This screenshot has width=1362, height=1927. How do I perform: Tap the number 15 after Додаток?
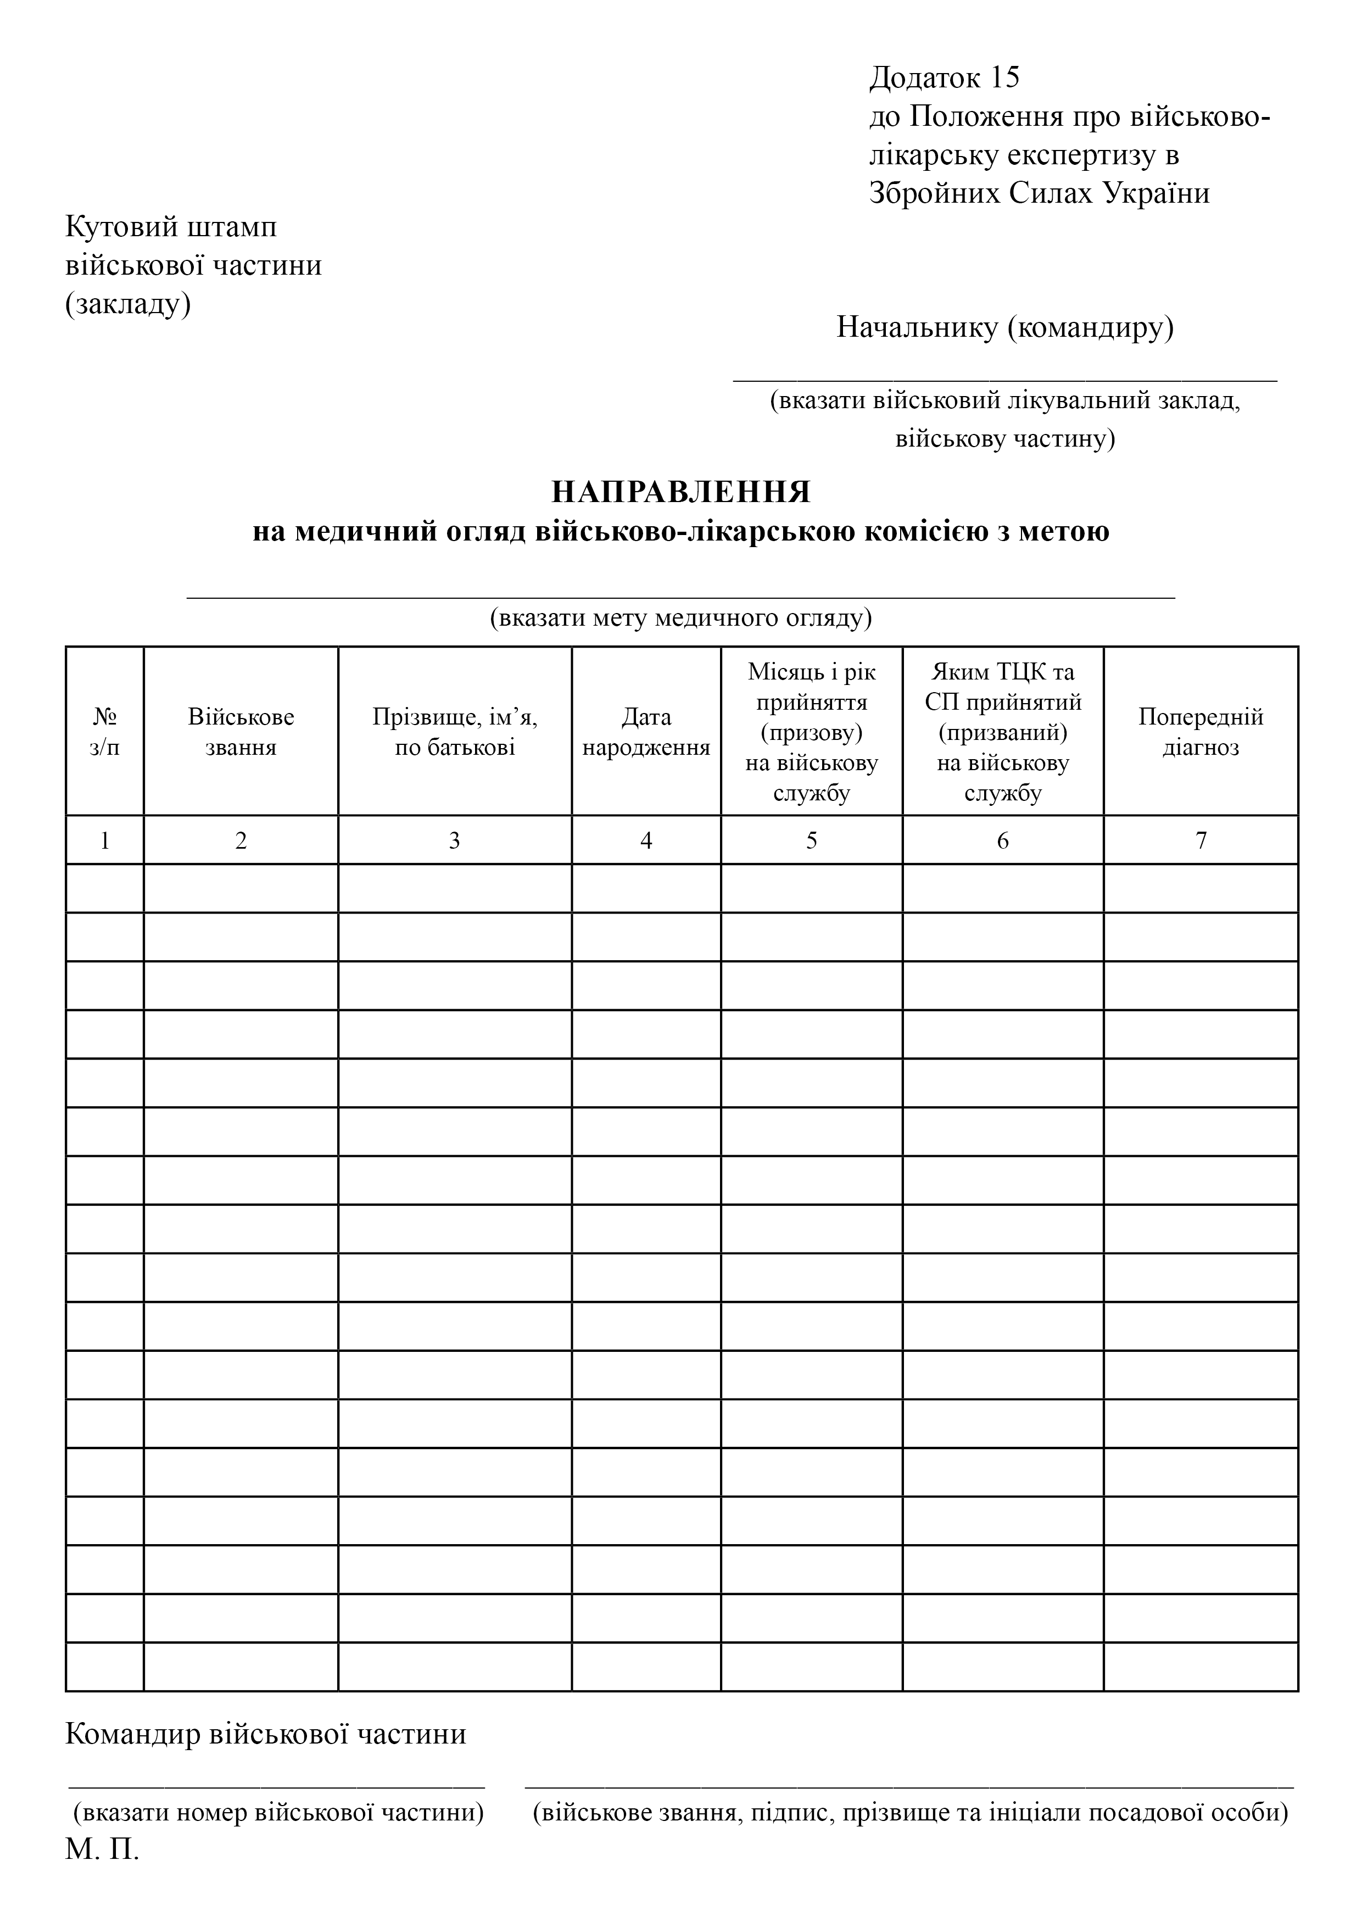[x=1004, y=77]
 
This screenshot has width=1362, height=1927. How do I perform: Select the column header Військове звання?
[x=241, y=732]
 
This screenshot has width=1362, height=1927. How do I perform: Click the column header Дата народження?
[x=646, y=732]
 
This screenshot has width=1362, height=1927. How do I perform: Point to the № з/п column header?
[x=105, y=732]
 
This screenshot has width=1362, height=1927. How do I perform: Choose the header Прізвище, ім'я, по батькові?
[x=455, y=732]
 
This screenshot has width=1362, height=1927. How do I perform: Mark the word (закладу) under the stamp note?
[x=129, y=304]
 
